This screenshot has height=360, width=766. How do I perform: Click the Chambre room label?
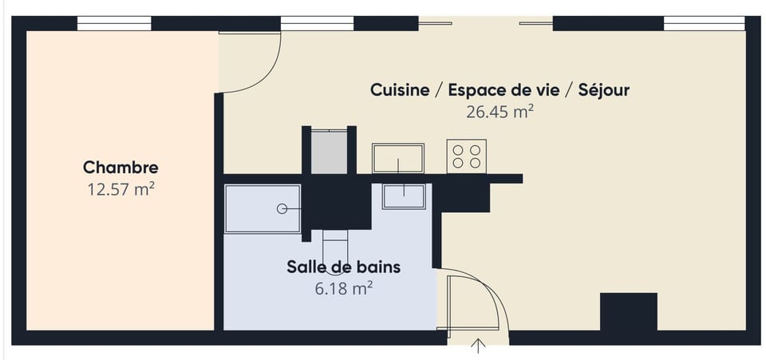point(120,168)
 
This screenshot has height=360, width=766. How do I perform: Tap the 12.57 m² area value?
point(120,189)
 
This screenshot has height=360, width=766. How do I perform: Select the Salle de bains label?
point(343,267)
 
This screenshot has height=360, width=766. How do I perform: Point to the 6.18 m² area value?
point(344,288)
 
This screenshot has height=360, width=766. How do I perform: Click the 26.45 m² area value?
point(499,112)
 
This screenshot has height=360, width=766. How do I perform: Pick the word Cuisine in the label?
point(399,90)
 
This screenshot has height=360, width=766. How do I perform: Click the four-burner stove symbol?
point(467,156)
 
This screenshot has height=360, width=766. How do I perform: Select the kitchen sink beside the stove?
point(397,158)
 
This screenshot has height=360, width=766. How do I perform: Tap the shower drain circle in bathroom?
point(282,209)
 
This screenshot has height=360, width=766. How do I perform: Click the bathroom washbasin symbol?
point(404,196)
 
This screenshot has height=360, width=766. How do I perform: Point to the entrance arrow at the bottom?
point(479,345)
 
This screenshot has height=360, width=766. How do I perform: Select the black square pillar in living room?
point(628,311)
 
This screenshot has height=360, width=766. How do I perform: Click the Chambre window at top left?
point(114,24)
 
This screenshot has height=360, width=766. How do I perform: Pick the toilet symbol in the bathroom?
point(335,239)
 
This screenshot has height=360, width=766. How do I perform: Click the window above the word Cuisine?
point(318,24)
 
